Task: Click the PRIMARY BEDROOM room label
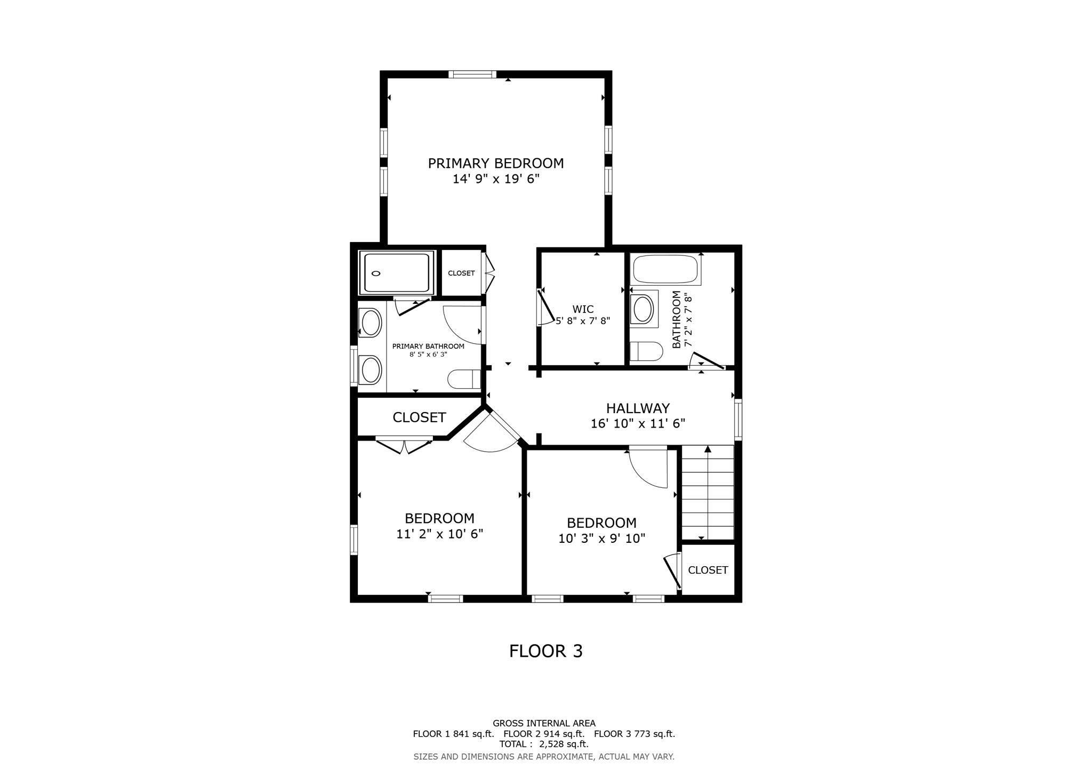click(x=496, y=163)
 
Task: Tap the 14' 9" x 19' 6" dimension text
click(x=496, y=179)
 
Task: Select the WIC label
click(x=583, y=309)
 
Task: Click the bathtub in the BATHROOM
click(x=665, y=269)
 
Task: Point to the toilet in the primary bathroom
click(x=464, y=379)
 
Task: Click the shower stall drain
click(x=376, y=274)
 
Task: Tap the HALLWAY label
click(x=638, y=408)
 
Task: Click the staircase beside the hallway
click(x=708, y=493)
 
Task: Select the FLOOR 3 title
click(x=546, y=651)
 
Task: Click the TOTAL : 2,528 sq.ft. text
click(x=544, y=744)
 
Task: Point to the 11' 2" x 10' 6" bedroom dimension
click(x=439, y=534)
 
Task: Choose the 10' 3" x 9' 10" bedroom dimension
click(x=601, y=538)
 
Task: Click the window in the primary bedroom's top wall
click(x=472, y=74)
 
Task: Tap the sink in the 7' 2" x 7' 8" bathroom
click(x=644, y=309)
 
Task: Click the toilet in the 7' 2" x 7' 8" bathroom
click(x=646, y=351)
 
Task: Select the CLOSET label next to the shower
click(x=461, y=274)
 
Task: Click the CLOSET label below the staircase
click(x=708, y=570)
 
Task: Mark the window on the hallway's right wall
click(x=738, y=420)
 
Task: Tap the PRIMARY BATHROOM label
click(x=428, y=347)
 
